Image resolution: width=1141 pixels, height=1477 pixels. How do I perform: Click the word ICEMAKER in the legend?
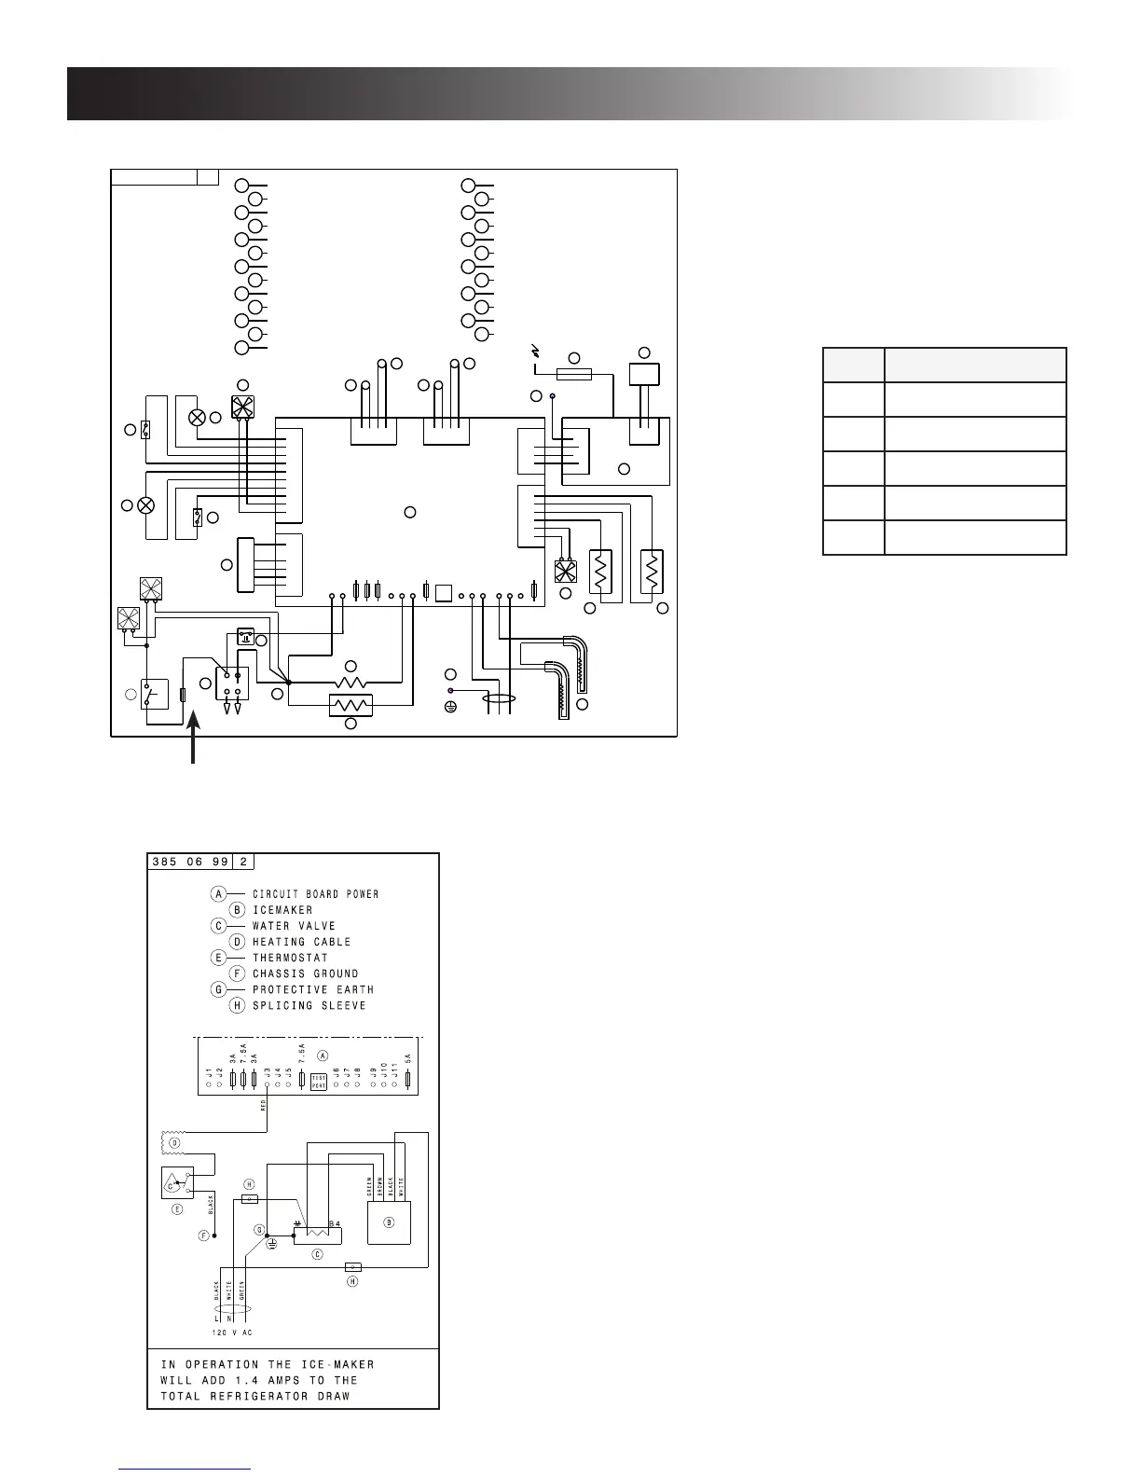click(x=282, y=910)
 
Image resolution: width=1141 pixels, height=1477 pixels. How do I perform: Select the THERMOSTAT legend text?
click(x=290, y=958)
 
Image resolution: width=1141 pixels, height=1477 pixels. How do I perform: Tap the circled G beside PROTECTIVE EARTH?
click(x=217, y=989)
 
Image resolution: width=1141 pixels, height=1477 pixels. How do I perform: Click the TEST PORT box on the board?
click(x=318, y=1082)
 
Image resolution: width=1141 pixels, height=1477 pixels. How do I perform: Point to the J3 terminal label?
click(x=267, y=1074)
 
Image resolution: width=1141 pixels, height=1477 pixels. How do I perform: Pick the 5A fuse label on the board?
click(x=407, y=1060)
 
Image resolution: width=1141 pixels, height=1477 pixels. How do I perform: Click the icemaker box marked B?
click(x=389, y=1222)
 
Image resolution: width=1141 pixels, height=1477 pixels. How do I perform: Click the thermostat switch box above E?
click(x=177, y=1182)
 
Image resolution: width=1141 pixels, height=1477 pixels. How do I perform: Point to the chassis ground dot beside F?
click(x=214, y=1235)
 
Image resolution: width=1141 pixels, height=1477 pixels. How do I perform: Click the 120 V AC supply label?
click(x=231, y=1332)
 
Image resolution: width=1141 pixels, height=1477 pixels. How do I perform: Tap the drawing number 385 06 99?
click(x=189, y=863)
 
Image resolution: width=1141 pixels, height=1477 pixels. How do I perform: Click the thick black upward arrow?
click(x=193, y=737)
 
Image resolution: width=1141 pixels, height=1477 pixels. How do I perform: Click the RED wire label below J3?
click(x=264, y=1105)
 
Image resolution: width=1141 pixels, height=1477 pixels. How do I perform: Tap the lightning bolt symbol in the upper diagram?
click(x=536, y=352)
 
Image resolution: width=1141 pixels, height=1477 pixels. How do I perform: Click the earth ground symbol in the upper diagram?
click(x=450, y=705)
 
